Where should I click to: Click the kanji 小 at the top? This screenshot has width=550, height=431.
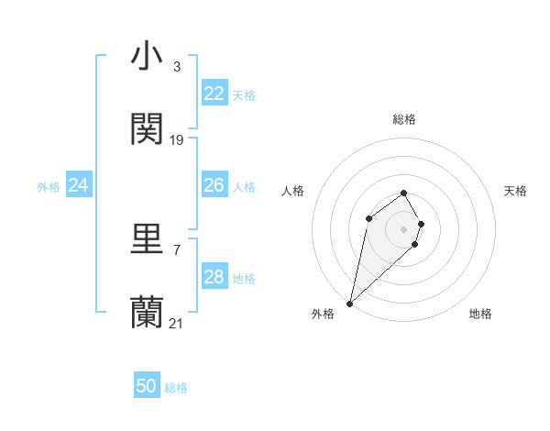(x=147, y=56)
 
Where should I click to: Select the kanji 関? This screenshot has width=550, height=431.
(x=147, y=129)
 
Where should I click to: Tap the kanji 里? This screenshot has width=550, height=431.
(x=147, y=239)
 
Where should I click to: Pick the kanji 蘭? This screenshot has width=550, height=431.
(x=147, y=313)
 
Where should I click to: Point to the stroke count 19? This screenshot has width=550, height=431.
(x=177, y=140)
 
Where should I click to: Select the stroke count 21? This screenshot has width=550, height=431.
(x=177, y=324)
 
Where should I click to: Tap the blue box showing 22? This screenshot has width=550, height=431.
(x=214, y=94)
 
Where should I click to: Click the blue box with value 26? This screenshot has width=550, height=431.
(x=214, y=185)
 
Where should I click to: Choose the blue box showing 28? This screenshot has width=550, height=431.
(x=214, y=277)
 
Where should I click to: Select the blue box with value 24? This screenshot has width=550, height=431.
(x=79, y=185)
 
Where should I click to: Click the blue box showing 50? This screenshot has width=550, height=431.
(x=147, y=386)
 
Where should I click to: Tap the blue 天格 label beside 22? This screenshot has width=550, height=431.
(x=244, y=95)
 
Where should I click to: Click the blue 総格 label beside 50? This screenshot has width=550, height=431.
(x=176, y=388)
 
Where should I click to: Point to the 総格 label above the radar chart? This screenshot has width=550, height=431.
(x=403, y=119)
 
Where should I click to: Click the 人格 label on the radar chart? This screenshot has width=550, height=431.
(x=293, y=191)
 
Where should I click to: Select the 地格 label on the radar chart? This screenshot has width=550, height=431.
(x=480, y=314)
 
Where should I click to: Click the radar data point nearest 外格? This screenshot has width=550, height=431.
(x=349, y=303)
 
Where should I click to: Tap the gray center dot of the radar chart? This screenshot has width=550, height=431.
(x=403, y=229)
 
